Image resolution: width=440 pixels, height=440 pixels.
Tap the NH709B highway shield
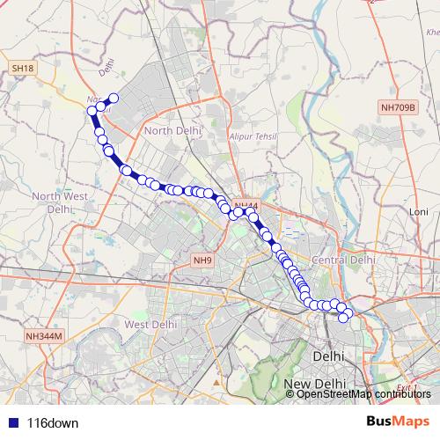point(398,107)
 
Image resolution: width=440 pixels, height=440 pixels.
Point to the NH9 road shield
point(202,260)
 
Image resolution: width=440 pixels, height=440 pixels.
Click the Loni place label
point(418,213)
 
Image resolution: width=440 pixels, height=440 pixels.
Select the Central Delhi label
point(344,260)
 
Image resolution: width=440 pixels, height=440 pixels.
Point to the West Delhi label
point(148,324)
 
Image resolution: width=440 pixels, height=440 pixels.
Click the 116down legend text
point(52,422)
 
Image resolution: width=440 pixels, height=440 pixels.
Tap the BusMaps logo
point(398,422)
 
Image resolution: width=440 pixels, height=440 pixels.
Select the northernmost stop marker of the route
point(114,98)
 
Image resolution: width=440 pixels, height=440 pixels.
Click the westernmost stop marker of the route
point(92,111)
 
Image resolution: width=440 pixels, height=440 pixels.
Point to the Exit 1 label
point(406,387)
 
